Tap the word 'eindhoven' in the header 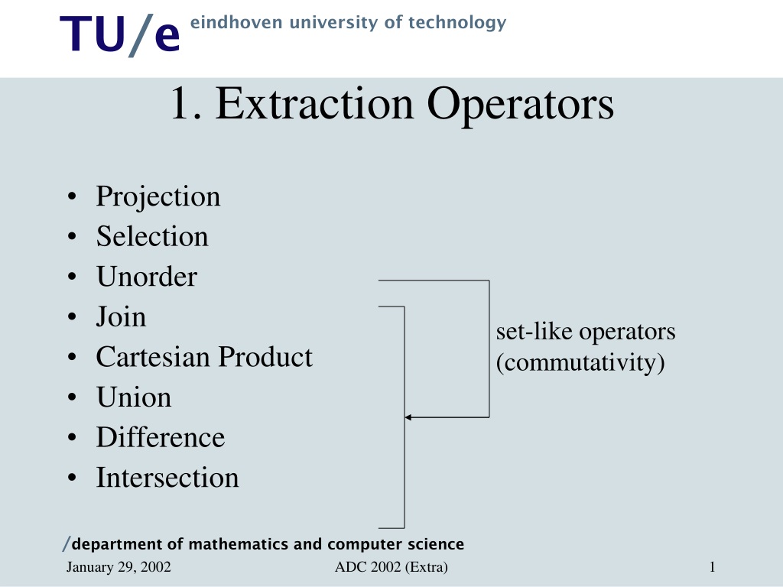coord(236,22)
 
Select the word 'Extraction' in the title coord(314,104)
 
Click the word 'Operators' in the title coord(520,105)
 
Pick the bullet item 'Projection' coord(158,197)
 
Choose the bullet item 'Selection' coord(152,236)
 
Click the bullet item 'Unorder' coord(147,277)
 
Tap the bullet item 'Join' coord(121,317)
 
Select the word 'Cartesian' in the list coord(152,357)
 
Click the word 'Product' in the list coord(265,357)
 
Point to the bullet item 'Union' coord(134,397)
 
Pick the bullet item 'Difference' coord(161,437)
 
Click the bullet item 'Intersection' coord(167,478)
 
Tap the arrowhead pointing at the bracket coord(408,417)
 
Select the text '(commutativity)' coord(580,363)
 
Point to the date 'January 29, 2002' coord(119,567)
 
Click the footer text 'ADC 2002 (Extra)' coord(391,567)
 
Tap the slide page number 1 coord(712,567)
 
